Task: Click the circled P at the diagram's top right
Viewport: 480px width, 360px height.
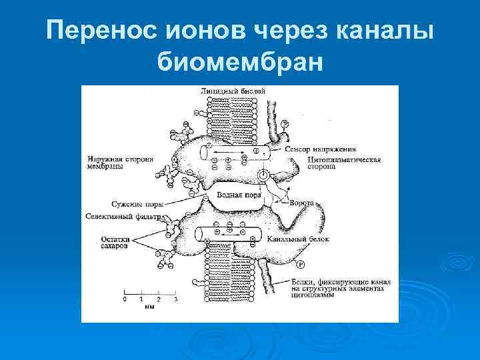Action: coord(284,124)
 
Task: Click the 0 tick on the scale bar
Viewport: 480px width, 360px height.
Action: coord(125,299)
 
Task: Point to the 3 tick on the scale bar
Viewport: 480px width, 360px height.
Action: coord(175,299)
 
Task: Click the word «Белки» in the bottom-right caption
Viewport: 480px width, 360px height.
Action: coord(303,282)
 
